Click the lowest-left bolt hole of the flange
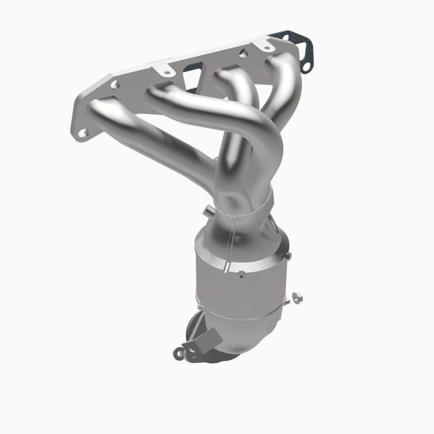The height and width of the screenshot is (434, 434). (x=83, y=131)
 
